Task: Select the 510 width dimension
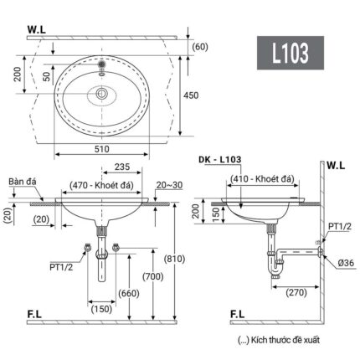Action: pos(101,147)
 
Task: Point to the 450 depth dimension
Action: pos(191,95)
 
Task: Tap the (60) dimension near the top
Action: pos(199,46)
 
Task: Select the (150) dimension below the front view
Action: pos(102,309)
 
